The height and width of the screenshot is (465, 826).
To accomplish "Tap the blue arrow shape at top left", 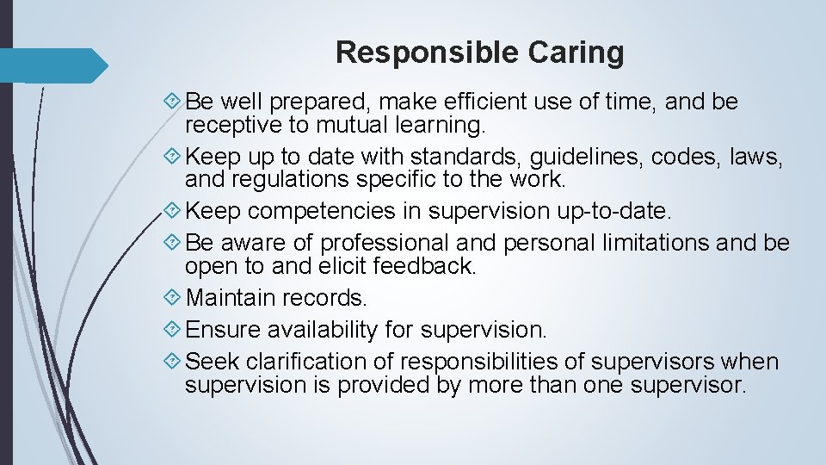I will point(53,65).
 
